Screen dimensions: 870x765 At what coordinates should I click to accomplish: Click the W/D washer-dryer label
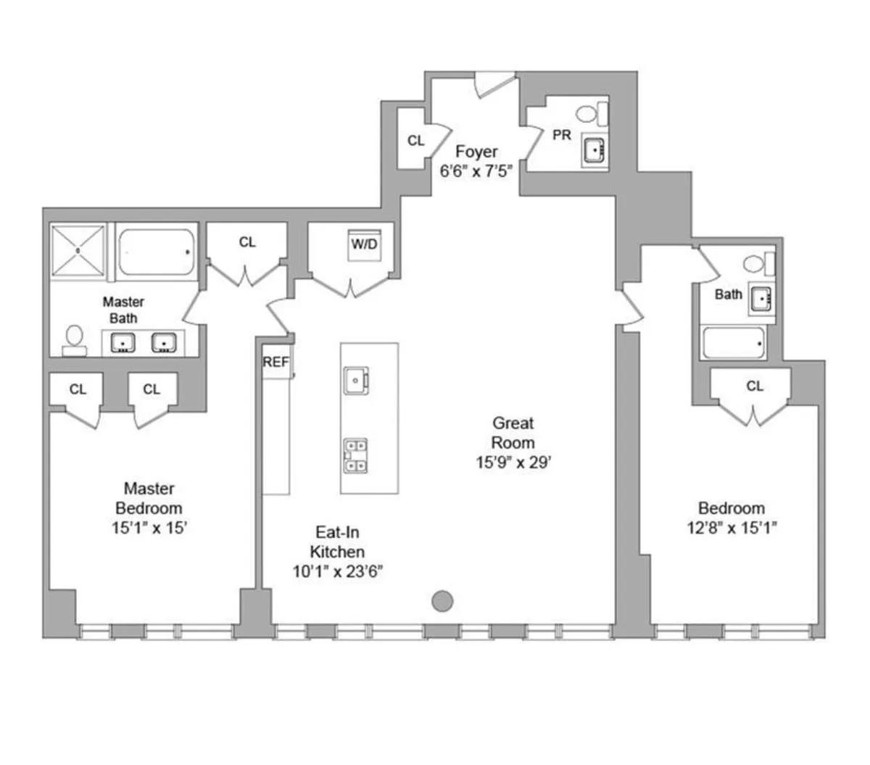[364, 244]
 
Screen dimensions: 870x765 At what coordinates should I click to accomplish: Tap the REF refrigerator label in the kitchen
[275, 362]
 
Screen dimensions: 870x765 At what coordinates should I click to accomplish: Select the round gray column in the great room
[442, 601]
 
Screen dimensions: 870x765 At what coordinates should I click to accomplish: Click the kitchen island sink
[356, 380]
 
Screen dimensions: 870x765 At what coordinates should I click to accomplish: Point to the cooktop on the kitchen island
[355, 455]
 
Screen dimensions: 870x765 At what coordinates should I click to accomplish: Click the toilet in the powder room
[592, 114]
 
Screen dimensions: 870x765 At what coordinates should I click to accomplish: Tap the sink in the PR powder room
[594, 150]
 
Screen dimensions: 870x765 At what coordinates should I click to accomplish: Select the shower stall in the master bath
[78, 250]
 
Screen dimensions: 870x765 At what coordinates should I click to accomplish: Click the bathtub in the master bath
[157, 252]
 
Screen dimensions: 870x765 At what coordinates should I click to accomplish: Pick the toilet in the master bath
[74, 341]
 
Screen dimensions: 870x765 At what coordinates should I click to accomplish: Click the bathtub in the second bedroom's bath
[734, 343]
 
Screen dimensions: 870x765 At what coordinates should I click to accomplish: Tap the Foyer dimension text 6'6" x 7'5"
[476, 171]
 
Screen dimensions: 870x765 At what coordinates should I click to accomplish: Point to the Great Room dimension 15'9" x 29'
[513, 462]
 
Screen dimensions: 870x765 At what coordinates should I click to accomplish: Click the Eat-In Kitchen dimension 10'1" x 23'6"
[338, 571]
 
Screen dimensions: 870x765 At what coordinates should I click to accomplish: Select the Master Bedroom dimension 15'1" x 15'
[149, 527]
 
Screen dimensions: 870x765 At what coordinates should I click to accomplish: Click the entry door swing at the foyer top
[494, 84]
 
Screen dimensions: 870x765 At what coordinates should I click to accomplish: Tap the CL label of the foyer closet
[415, 141]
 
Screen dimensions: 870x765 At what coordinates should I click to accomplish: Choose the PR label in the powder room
[562, 135]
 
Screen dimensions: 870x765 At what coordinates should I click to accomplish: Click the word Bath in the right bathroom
[729, 294]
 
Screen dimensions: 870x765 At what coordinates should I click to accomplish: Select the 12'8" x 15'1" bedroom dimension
[732, 527]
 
